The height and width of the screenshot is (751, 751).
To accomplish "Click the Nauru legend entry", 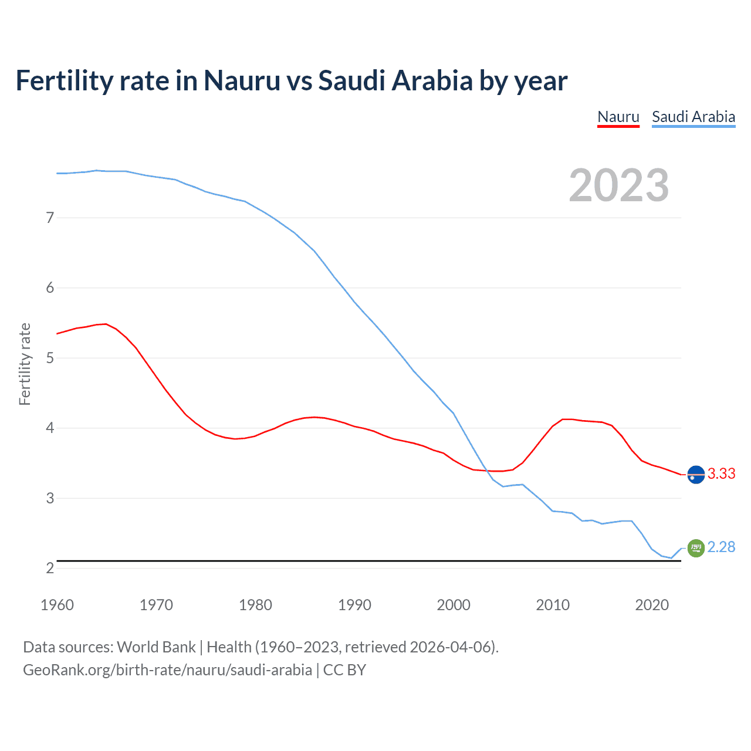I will (618, 117).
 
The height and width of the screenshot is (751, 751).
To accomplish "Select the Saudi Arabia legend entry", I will (693, 117).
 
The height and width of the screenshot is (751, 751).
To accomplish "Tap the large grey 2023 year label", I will (618, 185).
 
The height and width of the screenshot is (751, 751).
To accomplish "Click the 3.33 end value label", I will (721, 473).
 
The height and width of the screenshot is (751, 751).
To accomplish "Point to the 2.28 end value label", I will (721, 547).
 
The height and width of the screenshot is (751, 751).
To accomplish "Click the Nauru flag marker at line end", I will (695, 474).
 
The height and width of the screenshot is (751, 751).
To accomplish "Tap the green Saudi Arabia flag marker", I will (695, 548).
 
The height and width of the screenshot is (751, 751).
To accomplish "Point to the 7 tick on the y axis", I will (50, 218).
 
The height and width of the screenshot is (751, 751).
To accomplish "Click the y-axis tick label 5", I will (50, 358).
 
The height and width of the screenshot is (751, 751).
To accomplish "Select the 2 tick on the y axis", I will (50, 568).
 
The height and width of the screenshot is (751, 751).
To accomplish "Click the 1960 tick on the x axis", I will (57, 605).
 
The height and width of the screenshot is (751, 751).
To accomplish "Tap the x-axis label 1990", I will (354, 605).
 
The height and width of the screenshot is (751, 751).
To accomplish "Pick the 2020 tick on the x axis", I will (652, 605).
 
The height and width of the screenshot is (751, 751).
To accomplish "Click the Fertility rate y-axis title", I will (25, 364).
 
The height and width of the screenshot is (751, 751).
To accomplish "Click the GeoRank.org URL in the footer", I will (167, 670).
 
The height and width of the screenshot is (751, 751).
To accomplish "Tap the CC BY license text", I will (344, 670).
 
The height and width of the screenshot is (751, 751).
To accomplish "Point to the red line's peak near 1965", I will (106, 323).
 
